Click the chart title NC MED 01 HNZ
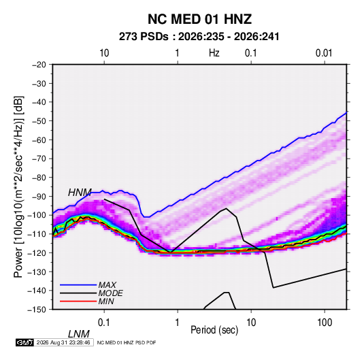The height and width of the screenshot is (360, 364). click(x=199, y=19)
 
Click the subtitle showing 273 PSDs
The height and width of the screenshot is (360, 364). click(x=199, y=37)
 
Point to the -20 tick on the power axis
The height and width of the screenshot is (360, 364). click(x=39, y=65)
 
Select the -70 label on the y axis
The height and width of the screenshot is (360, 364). click(x=39, y=159)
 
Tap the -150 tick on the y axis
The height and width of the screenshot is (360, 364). click(x=37, y=310)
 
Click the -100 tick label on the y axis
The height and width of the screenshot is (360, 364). click(x=37, y=215)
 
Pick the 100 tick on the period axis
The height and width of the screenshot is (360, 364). click(x=325, y=323)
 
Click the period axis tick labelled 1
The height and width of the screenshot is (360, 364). click(x=178, y=323)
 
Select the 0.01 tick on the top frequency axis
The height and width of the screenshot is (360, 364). click(x=324, y=53)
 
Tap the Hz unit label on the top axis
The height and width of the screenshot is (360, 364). click(x=214, y=53)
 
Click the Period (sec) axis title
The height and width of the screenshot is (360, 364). click(x=214, y=330)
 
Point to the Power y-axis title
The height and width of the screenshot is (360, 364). click(x=18, y=186)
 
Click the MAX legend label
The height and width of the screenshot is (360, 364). click(x=107, y=285)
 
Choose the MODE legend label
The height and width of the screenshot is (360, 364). click(x=110, y=293)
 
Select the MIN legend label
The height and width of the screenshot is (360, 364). click(x=106, y=301)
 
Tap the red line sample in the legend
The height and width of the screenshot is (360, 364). click(x=78, y=301)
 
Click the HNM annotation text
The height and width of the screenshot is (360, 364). click(x=80, y=193)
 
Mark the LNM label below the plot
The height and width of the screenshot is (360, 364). click(x=79, y=334)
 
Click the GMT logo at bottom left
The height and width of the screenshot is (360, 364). click(x=25, y=342)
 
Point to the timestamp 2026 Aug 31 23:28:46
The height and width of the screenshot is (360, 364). click(x=63, y=342)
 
